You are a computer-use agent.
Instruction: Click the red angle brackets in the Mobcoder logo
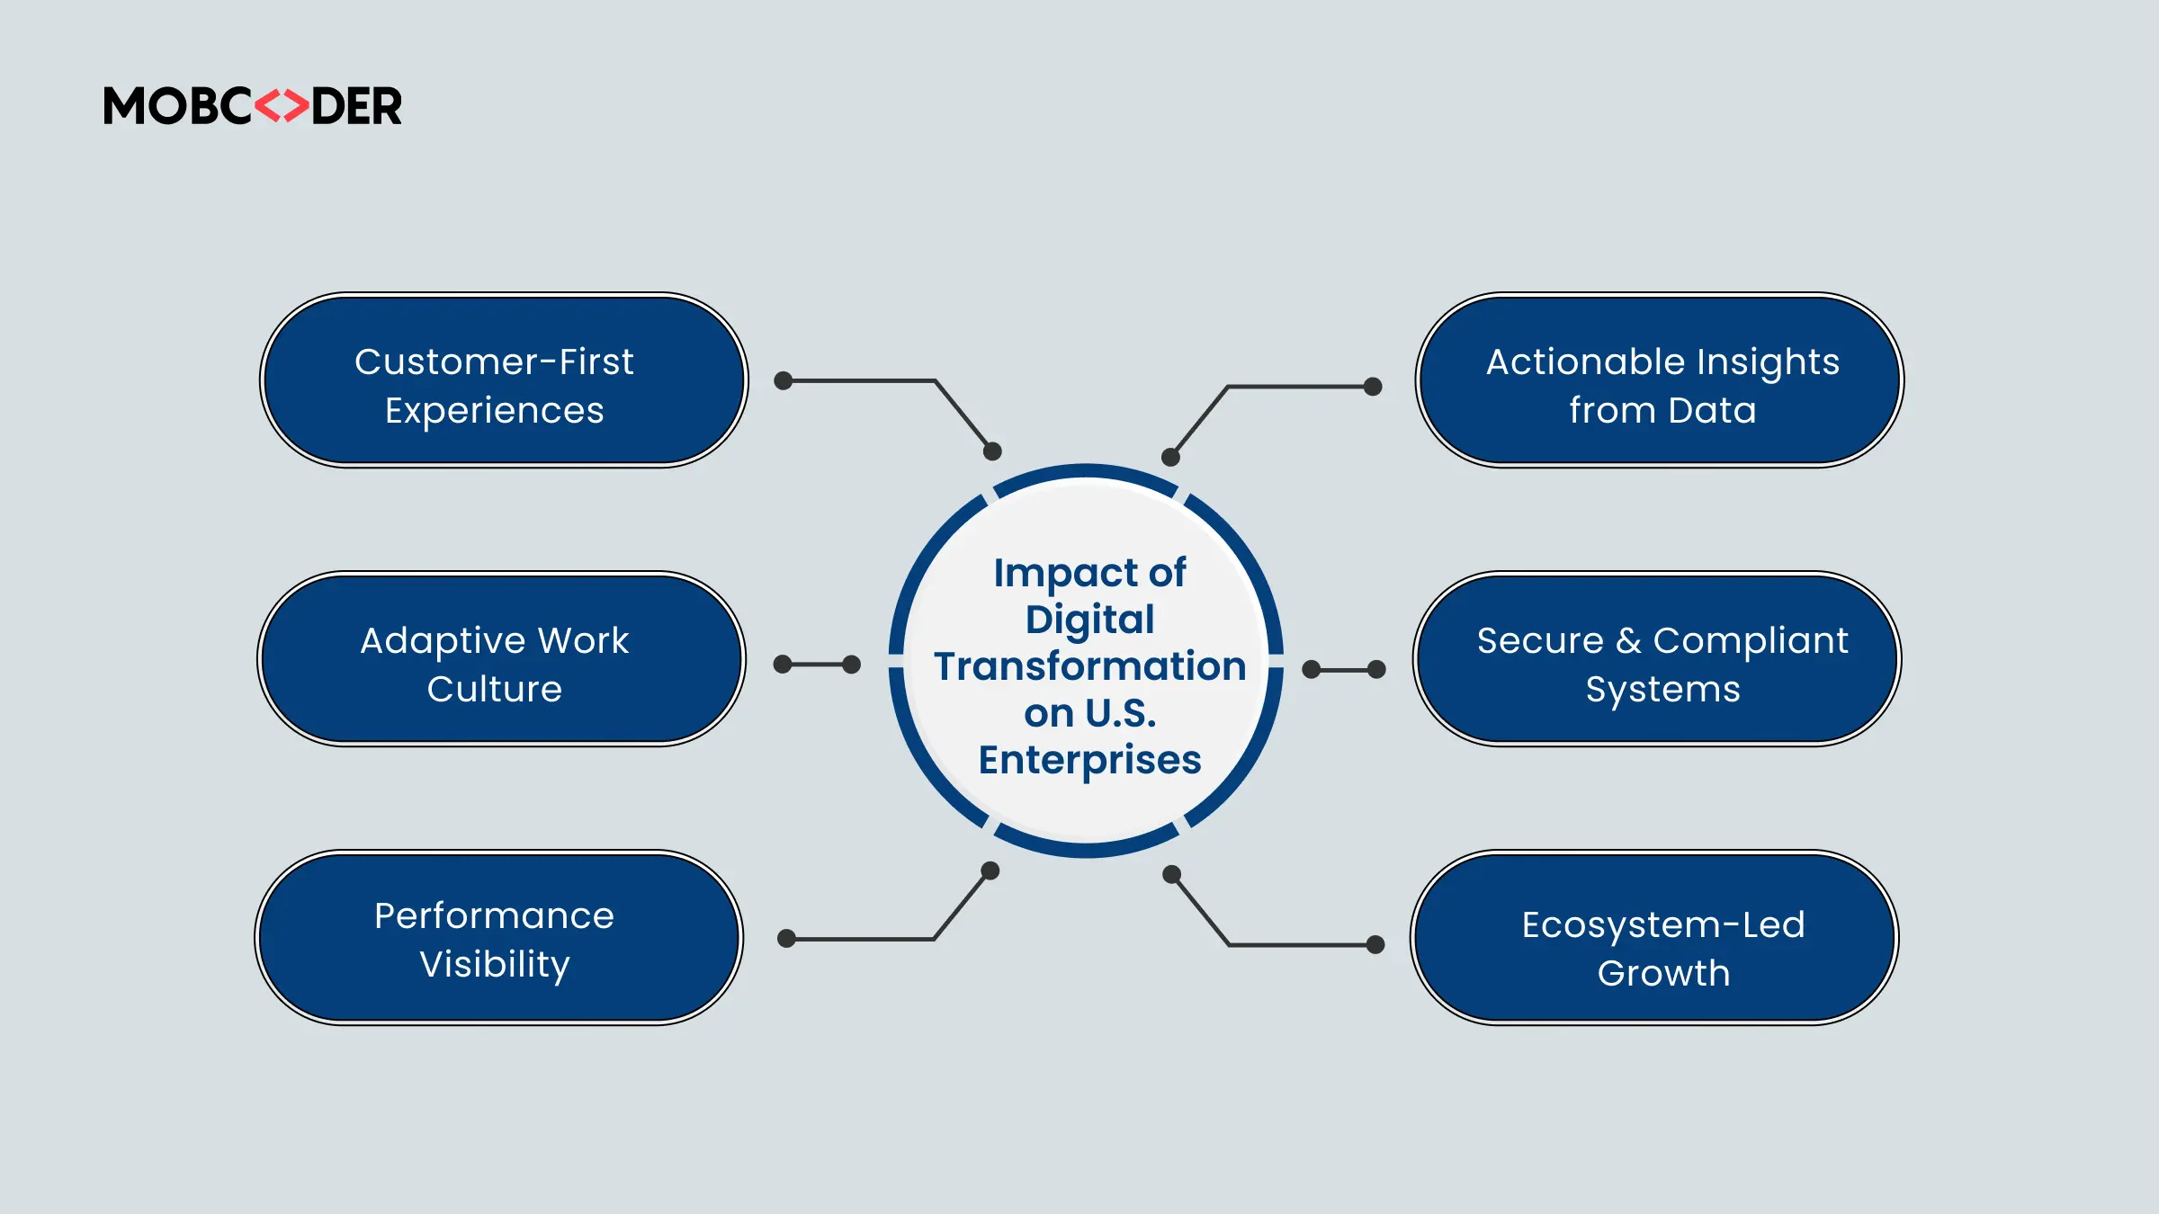282,106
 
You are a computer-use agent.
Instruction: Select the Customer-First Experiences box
504,379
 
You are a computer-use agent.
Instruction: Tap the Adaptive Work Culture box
501,658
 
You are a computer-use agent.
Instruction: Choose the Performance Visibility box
499,937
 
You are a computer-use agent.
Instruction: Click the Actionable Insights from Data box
1660,379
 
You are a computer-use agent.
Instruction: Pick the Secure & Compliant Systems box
1657,658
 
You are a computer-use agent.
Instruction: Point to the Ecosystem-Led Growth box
1654,937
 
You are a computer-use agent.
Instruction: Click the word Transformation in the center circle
1089,666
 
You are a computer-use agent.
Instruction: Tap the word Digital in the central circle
1089,620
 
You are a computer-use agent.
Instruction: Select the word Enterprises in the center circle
1089,760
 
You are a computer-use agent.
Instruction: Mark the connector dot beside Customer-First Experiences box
784,380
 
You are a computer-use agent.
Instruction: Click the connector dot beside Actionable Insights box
1373,387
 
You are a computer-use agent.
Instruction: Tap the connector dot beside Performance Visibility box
786,939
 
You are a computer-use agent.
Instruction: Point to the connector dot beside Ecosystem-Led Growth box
1375,944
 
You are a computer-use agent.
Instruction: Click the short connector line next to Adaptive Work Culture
817,665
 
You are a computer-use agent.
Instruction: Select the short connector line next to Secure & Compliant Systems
1344,670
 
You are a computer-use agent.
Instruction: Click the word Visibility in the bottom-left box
495,964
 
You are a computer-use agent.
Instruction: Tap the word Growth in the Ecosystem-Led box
1663,973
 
